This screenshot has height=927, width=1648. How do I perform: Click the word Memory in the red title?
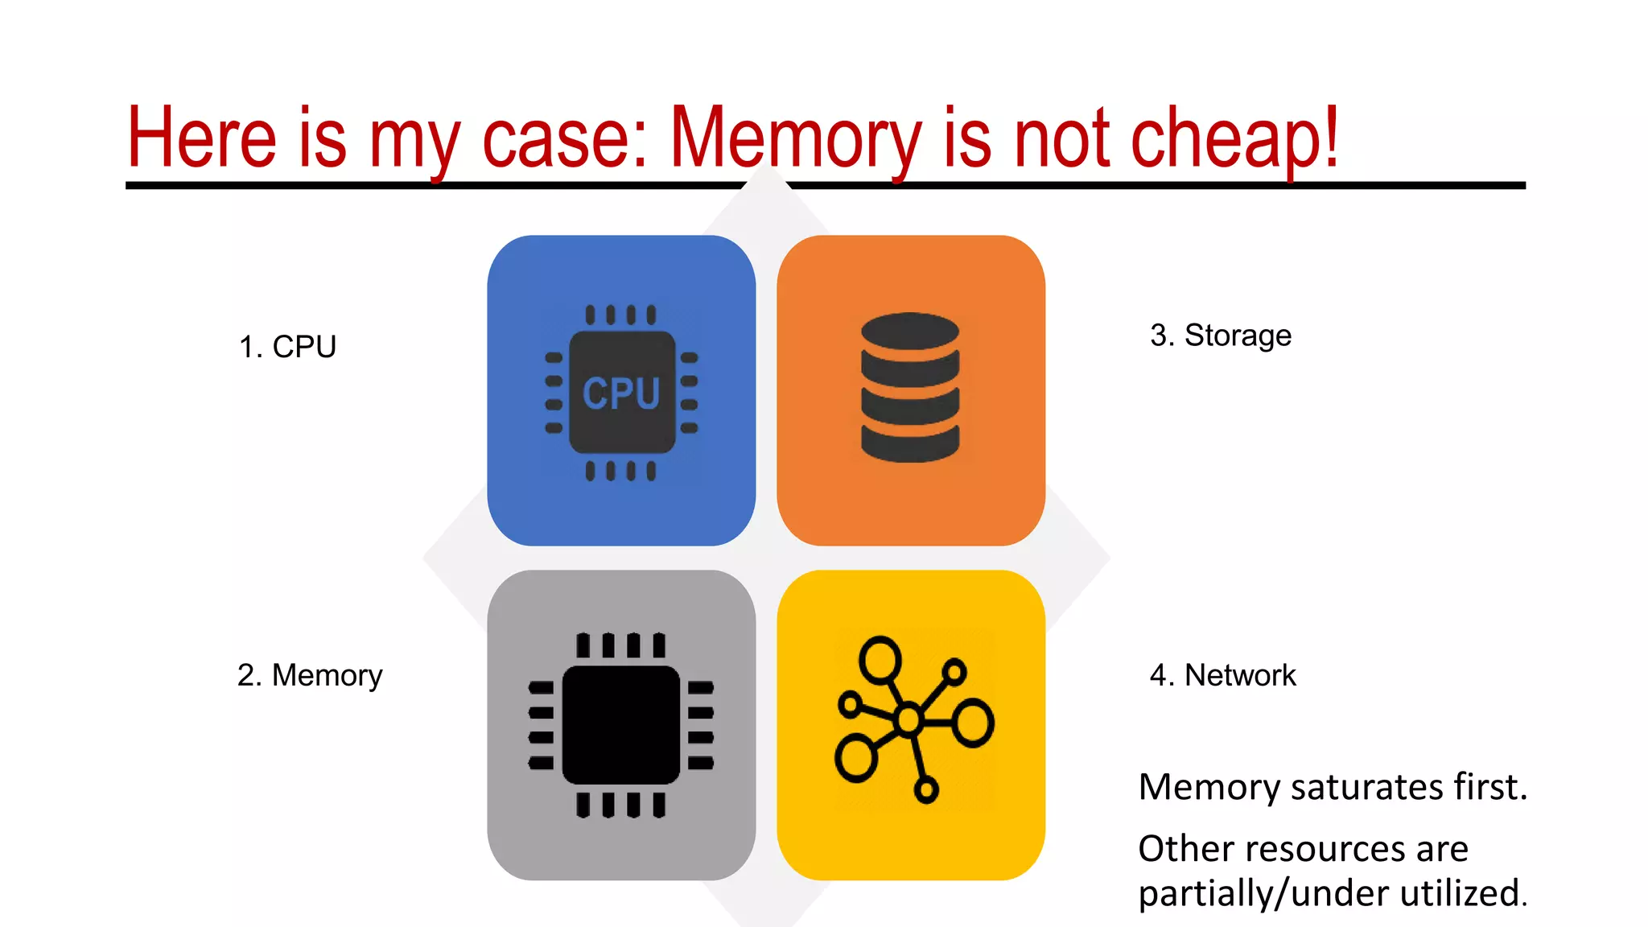click(795, 138)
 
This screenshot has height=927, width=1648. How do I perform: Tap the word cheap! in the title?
click(1234, 138)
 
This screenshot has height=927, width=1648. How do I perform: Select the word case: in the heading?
click(564, 138)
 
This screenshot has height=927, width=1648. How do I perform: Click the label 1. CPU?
click(287, 347)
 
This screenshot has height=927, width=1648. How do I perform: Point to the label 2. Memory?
click(310, 675)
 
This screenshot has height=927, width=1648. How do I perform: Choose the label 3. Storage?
click(1220, 336)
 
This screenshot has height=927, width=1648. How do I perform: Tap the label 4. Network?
click(1222, 675)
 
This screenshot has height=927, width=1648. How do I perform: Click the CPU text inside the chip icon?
click(621, 393)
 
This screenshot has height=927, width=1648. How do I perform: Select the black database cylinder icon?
click(910, 388)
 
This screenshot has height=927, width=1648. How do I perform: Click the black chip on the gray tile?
click(621, 725)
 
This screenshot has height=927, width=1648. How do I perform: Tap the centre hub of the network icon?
click(908, 719)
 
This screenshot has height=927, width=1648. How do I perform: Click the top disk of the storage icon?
click(910, 330)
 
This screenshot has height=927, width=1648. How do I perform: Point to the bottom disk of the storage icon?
click(910, 444)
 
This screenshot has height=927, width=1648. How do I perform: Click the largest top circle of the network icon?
click(880, 661)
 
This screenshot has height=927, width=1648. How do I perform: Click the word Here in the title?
click(202, 138)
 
